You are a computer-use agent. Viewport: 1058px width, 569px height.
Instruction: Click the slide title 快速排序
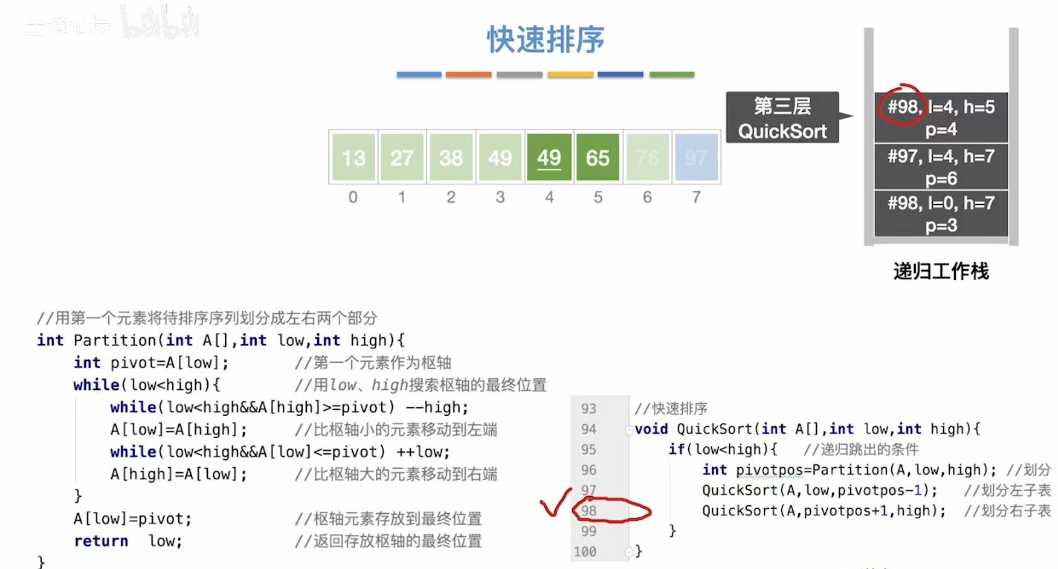(x=545, y=39)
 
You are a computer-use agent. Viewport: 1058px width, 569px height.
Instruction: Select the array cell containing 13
(x=353, y=158)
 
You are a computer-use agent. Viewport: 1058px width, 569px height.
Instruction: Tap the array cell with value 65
(x=597, y=158)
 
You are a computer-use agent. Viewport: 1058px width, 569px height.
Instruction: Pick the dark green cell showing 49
(x=549, y=158)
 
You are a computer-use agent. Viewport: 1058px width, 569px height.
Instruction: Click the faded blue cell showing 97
(x=696, y=158)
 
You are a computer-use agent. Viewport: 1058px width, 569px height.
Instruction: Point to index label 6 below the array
(x=647, y=197)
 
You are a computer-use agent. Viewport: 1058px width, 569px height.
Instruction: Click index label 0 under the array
(x=353, y=197)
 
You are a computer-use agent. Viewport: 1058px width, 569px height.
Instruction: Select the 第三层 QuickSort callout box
(x=782, y=118)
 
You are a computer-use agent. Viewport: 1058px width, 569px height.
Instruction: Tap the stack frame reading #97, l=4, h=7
(x=940, y=166)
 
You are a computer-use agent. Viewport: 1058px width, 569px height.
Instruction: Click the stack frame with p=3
(x=940, y=214)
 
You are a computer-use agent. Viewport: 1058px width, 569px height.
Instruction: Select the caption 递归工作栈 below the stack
(x=941, y=271)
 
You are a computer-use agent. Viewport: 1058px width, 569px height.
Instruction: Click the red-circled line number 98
(x=589, y=511)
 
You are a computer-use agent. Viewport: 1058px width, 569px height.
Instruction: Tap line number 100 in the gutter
(x=585, y=551)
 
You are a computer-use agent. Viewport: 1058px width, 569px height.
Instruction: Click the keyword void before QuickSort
(x=651, y=429)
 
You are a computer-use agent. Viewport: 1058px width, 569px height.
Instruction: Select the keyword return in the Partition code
(x=101, y=541)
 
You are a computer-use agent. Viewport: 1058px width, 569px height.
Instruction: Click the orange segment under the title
(x=468, y=74)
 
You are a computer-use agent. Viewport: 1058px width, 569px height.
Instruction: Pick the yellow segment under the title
(x=570, y=74)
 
